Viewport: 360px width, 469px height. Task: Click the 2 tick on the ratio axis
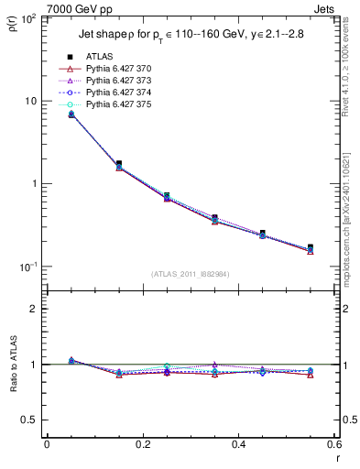point(33,309)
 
